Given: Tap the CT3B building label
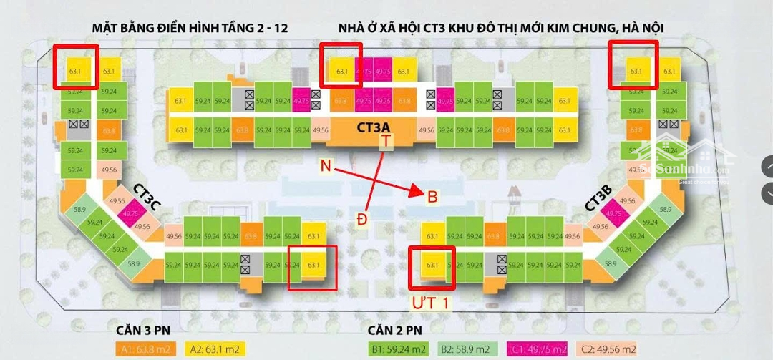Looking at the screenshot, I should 598,198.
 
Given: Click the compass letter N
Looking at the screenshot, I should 326,166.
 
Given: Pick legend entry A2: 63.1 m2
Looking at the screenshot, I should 215,349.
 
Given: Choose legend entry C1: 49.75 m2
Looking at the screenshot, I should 536,349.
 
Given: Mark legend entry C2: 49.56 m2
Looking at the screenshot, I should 611,349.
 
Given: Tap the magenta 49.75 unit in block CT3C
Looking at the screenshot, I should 131,214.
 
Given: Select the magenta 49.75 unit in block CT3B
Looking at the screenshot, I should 613,214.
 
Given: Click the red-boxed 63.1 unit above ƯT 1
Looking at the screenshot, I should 432,266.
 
